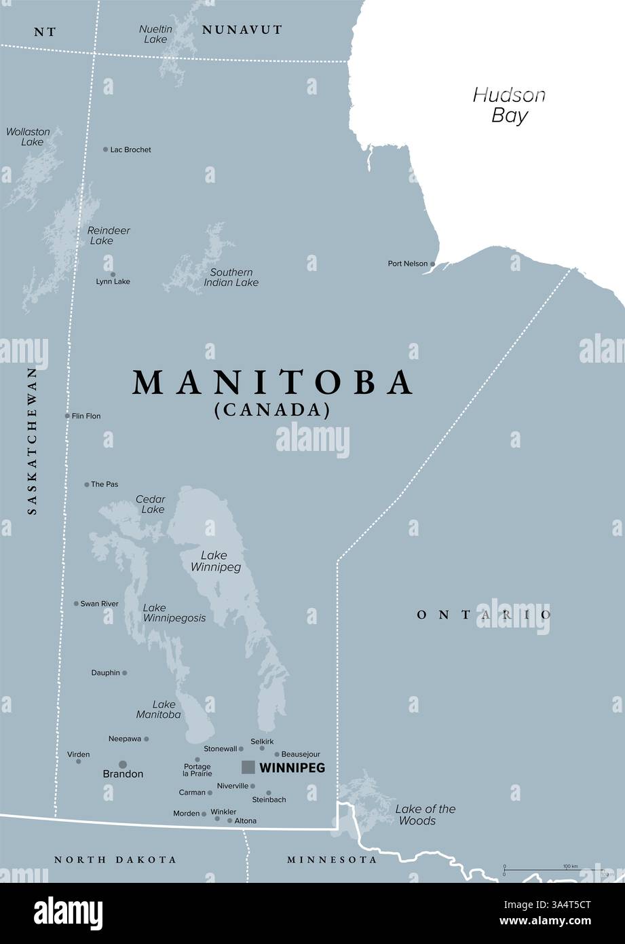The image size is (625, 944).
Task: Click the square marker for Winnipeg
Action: coord(248,767)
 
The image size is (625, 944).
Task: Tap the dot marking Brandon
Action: coord(123,764)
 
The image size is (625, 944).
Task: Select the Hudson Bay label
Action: coord(509,105)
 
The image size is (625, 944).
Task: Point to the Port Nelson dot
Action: coord(432,264)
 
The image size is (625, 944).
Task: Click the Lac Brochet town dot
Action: coord(105,149)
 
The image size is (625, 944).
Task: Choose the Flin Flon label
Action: coord(86,416)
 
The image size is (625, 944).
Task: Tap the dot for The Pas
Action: coord(87,484)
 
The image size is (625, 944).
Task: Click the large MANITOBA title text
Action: coord(273,382)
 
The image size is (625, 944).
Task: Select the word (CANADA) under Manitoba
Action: coord(272,410)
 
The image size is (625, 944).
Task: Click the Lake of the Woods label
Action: coord(425,814)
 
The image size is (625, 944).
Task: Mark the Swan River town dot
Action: coord(76,603)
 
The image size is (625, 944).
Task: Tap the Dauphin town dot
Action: coord(124,673)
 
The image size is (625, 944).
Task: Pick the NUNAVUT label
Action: coord(242,30)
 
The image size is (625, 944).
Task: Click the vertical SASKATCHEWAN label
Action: coord(32,441)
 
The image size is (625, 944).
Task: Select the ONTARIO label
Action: coord(483,615)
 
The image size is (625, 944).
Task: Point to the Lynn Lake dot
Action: coord(113,274)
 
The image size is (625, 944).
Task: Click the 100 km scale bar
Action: coord(553,869)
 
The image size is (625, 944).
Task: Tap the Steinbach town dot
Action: coord(269,793)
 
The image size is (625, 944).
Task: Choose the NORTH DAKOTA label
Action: coord(115,860)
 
